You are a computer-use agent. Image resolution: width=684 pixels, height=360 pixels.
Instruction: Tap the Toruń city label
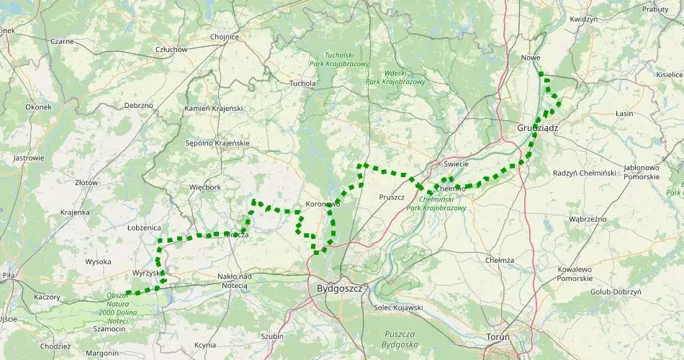(x=496, y=336)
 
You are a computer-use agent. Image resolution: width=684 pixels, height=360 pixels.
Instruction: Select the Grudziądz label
(x=538, y=127)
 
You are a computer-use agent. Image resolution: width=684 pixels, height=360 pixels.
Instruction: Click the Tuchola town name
(x=302, y=84)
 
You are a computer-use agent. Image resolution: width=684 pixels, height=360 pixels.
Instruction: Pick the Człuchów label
(x=171, y=49)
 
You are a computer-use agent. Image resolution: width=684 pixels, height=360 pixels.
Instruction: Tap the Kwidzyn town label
(x=583, y=19)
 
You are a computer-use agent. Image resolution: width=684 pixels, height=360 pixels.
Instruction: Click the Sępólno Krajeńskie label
(x=217, y=143)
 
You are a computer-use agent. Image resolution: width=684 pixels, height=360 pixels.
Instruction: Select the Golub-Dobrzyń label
(x=615, y=292)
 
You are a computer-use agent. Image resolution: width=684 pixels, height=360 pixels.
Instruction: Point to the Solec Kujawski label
(x=398, y=307)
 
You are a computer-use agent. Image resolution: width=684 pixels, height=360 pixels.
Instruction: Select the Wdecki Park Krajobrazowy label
(x=395, y=77)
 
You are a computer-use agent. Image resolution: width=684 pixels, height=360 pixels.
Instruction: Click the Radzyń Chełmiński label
(x=585, y=173)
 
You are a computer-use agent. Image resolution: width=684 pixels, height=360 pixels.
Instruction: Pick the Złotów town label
(x=86, y=183)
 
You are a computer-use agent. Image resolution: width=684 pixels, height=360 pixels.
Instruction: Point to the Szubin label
(x=272, y=336)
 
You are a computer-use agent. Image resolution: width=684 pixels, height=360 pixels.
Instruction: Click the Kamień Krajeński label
(x=214, y=108)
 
